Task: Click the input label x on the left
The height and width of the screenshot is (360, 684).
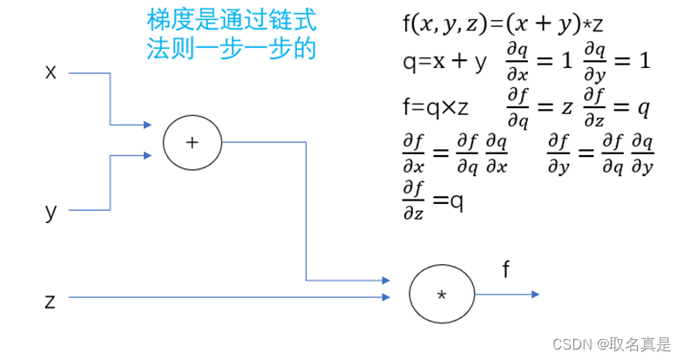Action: point(51,71)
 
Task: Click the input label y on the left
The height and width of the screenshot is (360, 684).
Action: point(51,211)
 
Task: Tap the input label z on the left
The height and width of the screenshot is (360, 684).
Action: point(51,301)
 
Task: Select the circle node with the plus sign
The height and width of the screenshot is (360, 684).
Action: point(193,141)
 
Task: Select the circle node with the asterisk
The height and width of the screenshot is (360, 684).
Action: point(441,294)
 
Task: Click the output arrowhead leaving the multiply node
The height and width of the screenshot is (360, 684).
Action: point(534,295)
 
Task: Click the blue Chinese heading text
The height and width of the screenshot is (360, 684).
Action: point(231,33)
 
